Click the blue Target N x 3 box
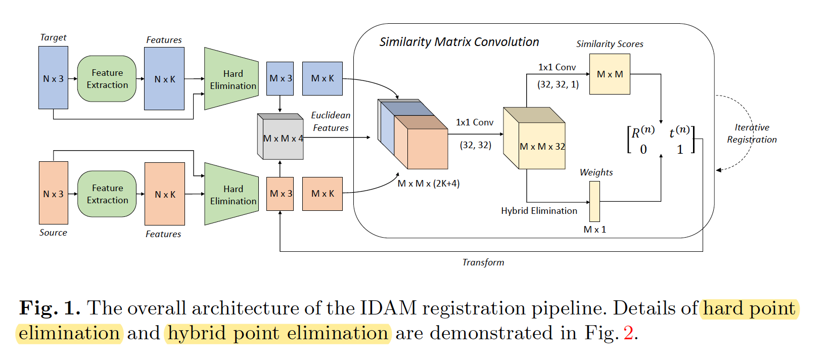coord(53,78)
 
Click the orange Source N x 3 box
coord(53,193)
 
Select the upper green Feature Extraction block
coord(107,79)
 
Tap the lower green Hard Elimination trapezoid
coord(232,194)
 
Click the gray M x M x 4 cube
coord(281,138)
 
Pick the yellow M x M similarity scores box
coord(610,74)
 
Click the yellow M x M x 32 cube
coord(536,144)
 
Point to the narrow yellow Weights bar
coord(594,201)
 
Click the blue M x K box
coord(322,78)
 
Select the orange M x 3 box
coord(280,194)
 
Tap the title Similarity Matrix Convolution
coord(459,42)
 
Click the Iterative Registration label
coord(752,133)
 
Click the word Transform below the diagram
coord(483,262)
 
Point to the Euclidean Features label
coord(331,122)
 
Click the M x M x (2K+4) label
coord(429,184)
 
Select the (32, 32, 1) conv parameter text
coord(558,84)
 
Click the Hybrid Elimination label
coord(539,211)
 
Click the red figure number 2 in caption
coord(628,333)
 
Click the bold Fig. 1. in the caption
coord(50,308)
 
